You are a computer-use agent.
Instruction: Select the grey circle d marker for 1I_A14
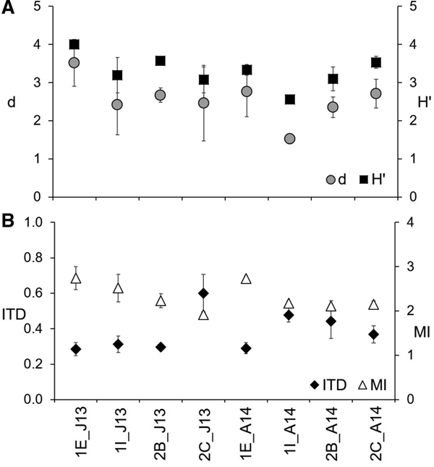[x=290, y=138]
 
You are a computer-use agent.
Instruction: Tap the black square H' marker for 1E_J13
[x=74, y=44]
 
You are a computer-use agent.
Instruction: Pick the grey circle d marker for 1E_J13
[x=74, y=63]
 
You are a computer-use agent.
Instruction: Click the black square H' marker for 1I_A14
[x=290, y=99]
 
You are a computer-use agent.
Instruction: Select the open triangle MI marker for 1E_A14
[x=247, y=279]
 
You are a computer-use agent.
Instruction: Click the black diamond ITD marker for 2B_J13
[x=161, y=347]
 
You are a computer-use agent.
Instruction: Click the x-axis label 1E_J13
[x=74, y=434]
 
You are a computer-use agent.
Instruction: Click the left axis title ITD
[x=14, y=315]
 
